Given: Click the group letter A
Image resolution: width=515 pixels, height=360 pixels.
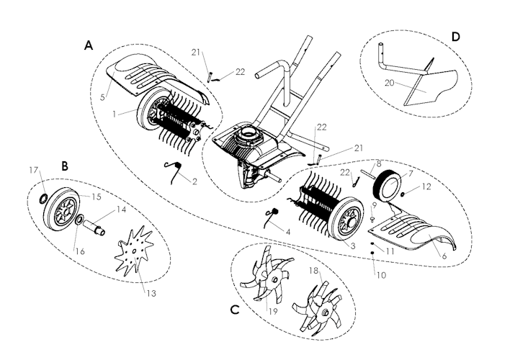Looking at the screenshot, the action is point(89,45).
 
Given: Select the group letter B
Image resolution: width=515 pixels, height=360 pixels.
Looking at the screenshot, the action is point(65,166).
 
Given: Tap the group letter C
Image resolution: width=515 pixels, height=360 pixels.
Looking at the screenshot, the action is point(235,310).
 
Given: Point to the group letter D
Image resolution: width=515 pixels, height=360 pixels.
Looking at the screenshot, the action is point(455,37).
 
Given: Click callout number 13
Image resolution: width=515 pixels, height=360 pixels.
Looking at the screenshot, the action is point(151,293).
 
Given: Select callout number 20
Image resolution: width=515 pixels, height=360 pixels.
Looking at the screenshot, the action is point(389,83).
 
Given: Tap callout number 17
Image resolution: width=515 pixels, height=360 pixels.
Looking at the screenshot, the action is point(34,170).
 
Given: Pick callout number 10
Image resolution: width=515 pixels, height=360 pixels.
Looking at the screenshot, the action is point(381,275).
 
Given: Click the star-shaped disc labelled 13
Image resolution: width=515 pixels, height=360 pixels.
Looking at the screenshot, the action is point(135,249).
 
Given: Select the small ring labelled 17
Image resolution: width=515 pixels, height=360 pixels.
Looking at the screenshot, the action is point(43,199).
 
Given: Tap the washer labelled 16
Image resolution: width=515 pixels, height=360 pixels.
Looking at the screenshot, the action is point(79,220).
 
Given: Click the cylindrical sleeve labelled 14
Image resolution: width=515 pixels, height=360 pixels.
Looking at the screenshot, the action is point(94,228).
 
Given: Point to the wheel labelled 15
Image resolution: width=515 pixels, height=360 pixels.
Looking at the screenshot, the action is point(62,209).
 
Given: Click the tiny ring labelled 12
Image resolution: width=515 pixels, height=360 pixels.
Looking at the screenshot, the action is point(403,195).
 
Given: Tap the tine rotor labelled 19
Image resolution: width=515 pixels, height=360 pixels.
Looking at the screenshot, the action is point(266,279).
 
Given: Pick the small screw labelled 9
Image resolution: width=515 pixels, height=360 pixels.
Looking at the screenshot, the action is point(372,219).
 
